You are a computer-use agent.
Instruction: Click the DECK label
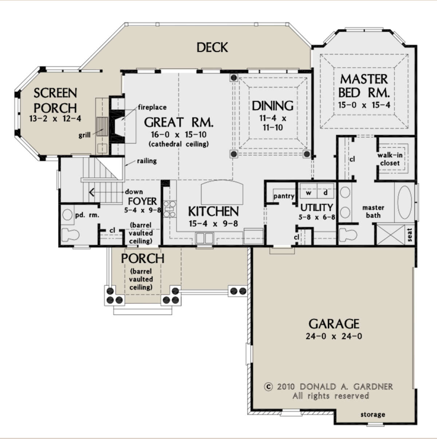212,47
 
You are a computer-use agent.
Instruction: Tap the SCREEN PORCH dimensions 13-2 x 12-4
55,119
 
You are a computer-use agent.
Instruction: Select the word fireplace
152,107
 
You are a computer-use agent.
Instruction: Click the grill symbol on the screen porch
102,127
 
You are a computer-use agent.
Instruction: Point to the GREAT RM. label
179,122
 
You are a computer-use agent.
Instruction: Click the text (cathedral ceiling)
179,144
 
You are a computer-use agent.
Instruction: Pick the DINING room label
272,106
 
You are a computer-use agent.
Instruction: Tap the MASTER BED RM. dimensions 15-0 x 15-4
364,105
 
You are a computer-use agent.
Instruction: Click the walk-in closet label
390,159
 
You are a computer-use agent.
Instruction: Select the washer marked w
308,193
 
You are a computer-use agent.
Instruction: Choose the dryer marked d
326,193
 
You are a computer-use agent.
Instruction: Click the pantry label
284,196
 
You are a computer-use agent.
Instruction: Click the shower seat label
410,235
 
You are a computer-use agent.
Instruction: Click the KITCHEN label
213,211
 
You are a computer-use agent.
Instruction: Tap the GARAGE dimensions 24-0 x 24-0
334,336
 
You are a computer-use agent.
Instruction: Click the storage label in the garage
373,414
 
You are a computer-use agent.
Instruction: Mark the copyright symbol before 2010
268,386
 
